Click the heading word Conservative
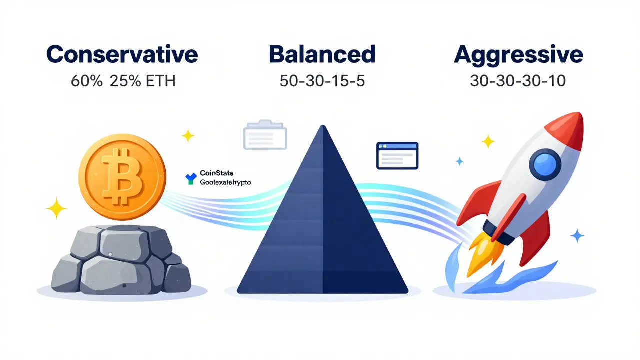pos(122,54)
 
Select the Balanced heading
pos(322,54)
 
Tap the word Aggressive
pos(518,55)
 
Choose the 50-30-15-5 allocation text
pos(322,81)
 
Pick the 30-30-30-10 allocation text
pos(518,81)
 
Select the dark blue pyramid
pos(322,225)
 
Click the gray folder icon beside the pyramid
pos(265,134)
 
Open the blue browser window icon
pos(397,155)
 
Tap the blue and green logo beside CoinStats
pos(190,178)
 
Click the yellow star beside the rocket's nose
pos(488,142)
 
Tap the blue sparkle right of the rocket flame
pos(577,235)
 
